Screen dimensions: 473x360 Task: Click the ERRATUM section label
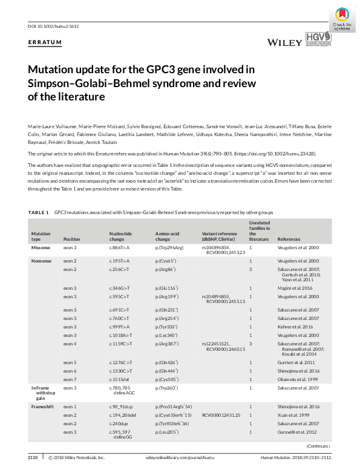click(x=45, y=42)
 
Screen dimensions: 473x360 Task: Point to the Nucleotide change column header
click(x=120, y=236)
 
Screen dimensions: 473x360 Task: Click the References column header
click(x=289, y=240)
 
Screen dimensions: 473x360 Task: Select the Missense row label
click(x=42, y=248)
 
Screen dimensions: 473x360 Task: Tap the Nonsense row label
click(x=43, y=260)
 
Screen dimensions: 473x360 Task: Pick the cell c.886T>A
click(x=121, y=248)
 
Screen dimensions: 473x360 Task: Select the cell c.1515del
click(x=122, y=379)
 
